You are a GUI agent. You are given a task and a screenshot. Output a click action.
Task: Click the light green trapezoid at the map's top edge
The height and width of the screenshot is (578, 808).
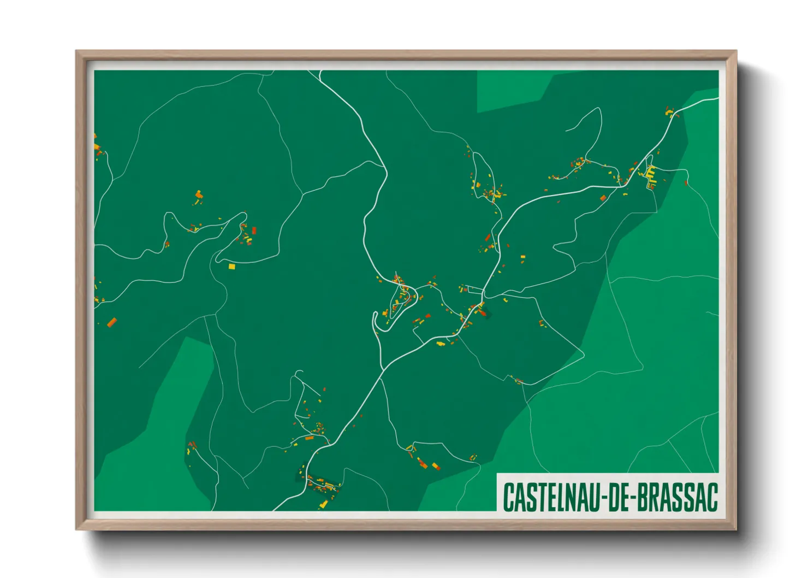513,90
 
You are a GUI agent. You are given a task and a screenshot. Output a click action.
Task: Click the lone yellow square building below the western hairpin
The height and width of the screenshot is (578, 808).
231,267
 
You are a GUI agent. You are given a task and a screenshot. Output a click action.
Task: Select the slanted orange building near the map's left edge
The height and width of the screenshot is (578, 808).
112,322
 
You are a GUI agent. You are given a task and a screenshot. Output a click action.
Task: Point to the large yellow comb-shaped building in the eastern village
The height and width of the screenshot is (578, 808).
650,173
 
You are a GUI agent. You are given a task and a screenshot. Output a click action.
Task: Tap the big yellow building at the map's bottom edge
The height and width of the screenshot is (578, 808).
323,504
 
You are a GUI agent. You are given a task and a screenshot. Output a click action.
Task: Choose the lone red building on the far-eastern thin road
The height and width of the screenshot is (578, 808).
686,184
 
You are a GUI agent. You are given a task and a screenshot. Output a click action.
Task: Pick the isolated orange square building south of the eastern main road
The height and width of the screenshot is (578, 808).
603,198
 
